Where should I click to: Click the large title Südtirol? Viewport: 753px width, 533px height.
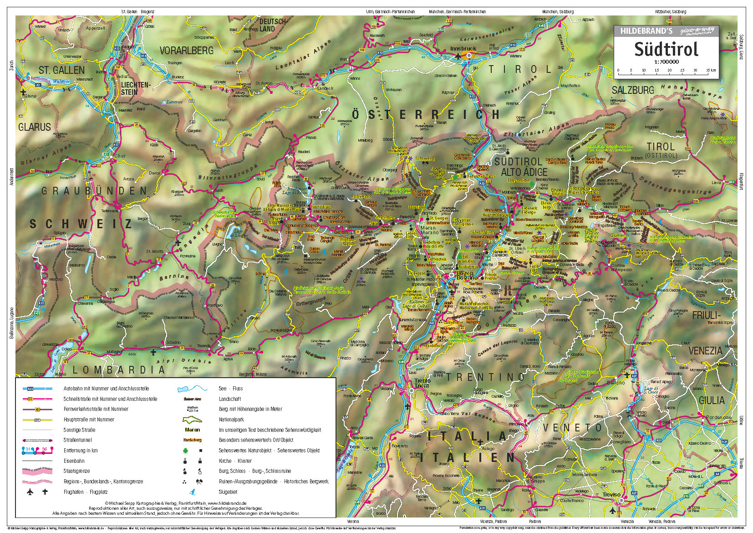666,49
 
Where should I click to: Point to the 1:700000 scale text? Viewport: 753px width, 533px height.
666,61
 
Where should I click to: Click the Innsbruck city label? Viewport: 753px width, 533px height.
463,49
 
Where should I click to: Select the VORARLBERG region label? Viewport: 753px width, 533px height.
186,51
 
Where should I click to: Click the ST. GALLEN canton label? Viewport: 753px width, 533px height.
61,70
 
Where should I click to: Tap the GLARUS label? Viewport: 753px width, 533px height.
35,127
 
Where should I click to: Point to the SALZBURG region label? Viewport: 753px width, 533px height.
632,90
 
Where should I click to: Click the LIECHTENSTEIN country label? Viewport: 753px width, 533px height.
135,88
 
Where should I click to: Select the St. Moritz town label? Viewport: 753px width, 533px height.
154,251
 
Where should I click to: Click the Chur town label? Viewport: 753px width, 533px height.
120,156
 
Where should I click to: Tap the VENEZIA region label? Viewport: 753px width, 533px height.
705,351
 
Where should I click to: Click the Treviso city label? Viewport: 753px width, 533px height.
611,494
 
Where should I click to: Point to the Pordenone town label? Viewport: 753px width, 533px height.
719,417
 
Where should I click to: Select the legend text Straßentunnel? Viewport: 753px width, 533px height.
77,440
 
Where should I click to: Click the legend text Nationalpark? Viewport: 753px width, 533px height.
231,420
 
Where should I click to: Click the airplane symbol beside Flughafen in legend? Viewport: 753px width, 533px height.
30,492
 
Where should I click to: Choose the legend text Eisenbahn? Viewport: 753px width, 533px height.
74,461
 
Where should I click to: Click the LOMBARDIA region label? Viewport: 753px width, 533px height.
118,370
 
